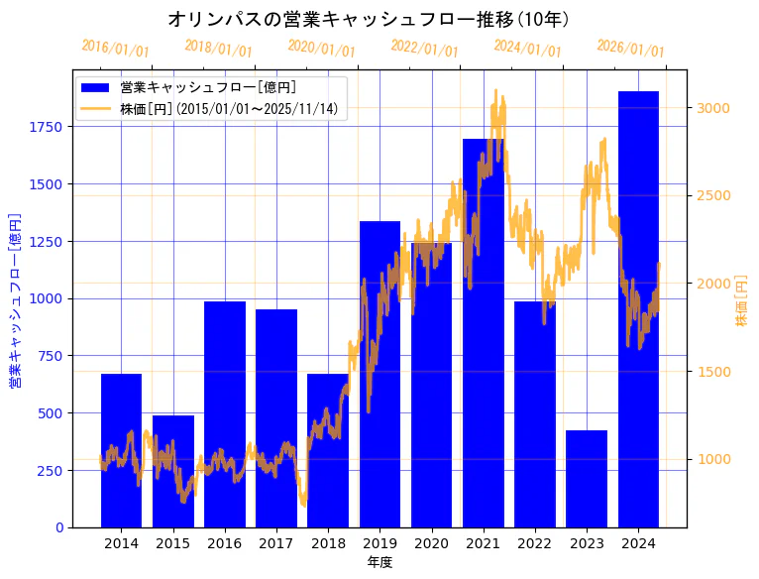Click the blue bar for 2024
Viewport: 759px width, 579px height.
pyautogui.click(x=638, y=307)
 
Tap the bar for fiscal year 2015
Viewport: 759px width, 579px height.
pyautogui.click(x=173, y=471)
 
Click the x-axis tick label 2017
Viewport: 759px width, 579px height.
pyautogui.click(x=276, y=543)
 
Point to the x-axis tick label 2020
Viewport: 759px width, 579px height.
pyautogui.click(x=431, y=543)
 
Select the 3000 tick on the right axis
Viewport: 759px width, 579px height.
pyautogui.click(x=716, y=108)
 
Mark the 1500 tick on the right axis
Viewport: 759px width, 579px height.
pyautogui.click(x=716, y=372)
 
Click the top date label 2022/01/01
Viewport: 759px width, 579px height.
pyautogui.click(x=424, y=49)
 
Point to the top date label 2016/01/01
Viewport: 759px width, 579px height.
pyautogui.click(x=115, y=49)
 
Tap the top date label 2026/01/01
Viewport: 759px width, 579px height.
pyautogui.click(x=630, y=49)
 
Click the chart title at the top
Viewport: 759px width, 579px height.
pyautogui.click(x=369, y=19)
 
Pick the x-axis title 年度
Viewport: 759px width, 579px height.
pyautogui.click(x=379, y=562)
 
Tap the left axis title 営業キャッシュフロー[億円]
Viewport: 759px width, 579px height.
pyautogui.click(x=15, y=300)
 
